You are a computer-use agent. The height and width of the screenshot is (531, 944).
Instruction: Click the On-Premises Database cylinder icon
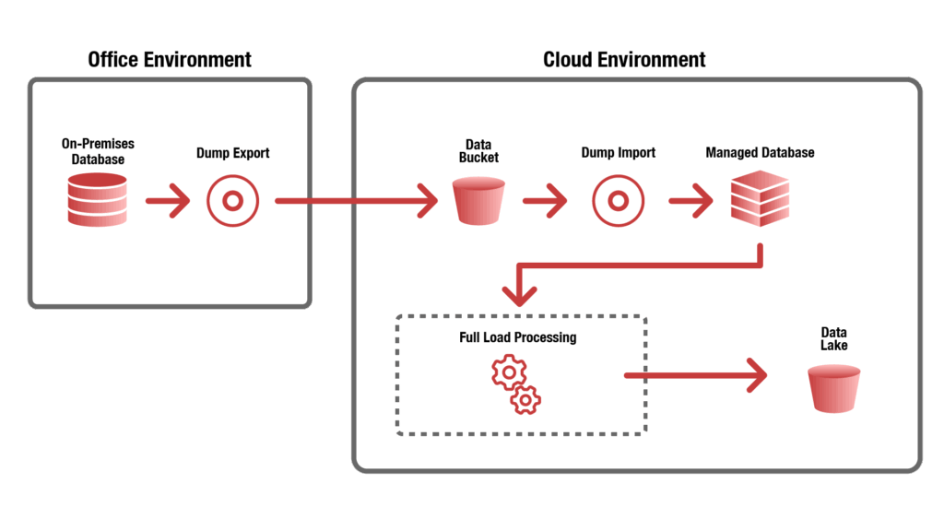(x=97, y=200)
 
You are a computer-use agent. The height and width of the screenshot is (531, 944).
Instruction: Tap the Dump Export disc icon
(x=232, y=200)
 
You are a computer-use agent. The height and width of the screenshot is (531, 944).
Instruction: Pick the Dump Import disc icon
(x=618, y=200)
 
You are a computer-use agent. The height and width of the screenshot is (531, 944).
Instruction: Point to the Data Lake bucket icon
(x=833, y=388)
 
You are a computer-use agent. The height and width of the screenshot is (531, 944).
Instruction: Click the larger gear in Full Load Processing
(x=507, y=372)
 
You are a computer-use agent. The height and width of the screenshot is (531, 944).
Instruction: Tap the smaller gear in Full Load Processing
(x=526, y=399)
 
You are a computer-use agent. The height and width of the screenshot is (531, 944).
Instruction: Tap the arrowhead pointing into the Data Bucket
(x=426, y=200)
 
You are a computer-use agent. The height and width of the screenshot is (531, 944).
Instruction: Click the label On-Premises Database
(x=98, y=152)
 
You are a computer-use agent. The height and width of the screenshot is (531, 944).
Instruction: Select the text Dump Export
(x=232, y=152)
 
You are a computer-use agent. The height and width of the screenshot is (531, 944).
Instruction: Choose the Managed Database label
(x=760, y=152)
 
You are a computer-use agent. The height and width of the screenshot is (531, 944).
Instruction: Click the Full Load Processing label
(x=517, y=337)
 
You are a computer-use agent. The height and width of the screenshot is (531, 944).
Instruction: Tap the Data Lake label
(x=833, y=338)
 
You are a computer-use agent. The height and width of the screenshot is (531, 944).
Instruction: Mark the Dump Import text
(x=618, y=152)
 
